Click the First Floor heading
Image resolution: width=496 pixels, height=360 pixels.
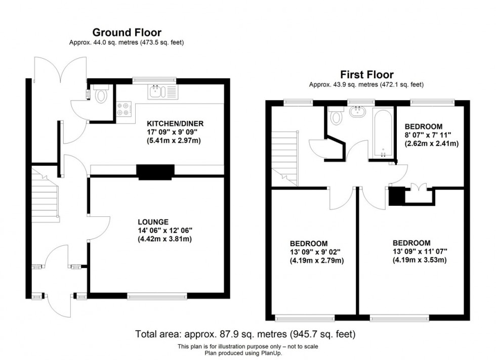point(366,75)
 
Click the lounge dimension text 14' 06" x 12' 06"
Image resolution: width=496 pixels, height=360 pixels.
point(165,230)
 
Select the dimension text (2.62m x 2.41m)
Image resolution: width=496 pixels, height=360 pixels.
point(431,143)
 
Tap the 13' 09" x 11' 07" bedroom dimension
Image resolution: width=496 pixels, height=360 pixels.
point(418,251)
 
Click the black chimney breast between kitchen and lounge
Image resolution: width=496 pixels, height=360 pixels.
point(155,172)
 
